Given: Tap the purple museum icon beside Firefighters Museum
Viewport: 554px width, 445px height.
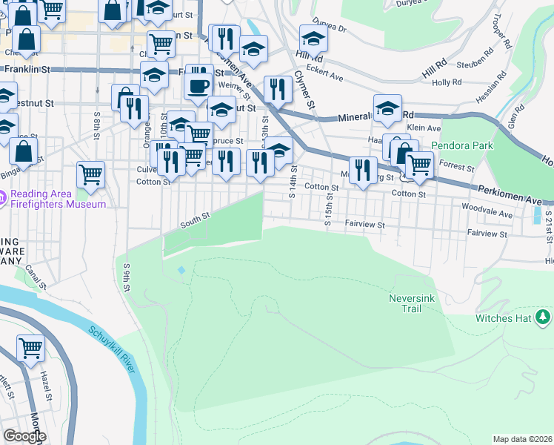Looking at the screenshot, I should (x=4, y=198).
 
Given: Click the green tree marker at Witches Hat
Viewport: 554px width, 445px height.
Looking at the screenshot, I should (x=543, y=317).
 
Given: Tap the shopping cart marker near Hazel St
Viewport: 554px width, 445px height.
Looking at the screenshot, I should (x=30, y=347).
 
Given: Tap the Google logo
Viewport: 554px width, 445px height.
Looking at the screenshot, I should (x=25, y=436).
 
